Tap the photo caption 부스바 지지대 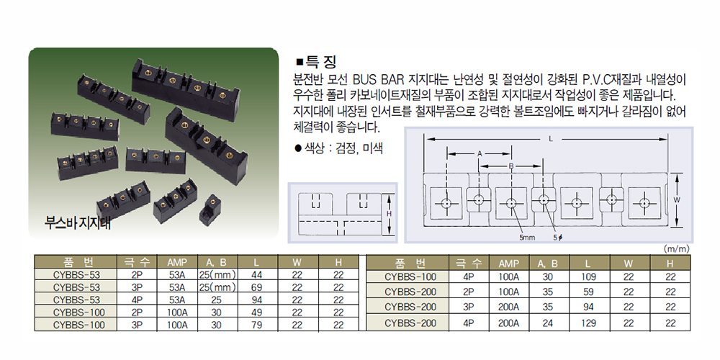click(x=78, y=223)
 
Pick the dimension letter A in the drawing click(x=480, y=154)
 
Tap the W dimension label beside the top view click(x=676, y=199)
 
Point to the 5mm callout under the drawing click(x=526, y=238)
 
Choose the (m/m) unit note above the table click(x=676, y=249)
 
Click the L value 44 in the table click(x=257, y=275)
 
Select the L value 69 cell click(x=257, y=287)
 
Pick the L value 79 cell click(x=257, y=325)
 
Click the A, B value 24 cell click(x=548, y=323)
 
